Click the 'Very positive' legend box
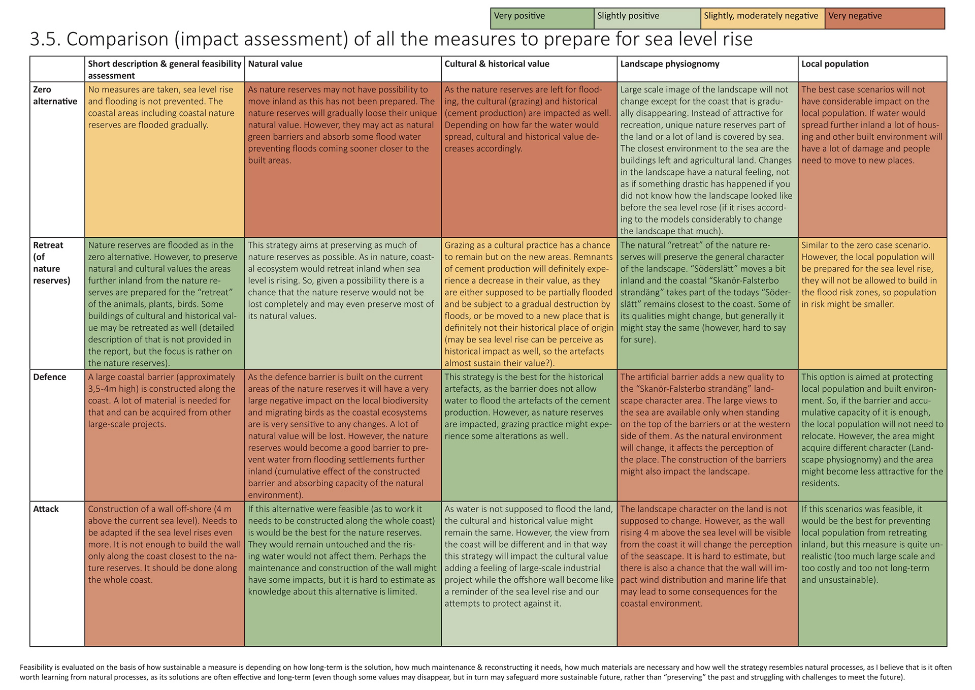pos(542,18)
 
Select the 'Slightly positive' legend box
pos(647,18)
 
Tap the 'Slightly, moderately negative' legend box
pos(762,18)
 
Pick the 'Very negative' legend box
pos(885,18)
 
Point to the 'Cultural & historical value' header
pos(497,64)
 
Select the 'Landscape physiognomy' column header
pos(670,64)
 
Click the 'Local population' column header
pos(835,64)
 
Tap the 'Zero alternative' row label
pos(55,96)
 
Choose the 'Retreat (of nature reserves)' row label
pos(51,263)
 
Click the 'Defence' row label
pos(49,377)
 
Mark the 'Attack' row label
pos(46,509)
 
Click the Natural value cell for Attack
pos(343,574)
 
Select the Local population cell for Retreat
pos(872,303)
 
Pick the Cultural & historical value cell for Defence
pos(529,435)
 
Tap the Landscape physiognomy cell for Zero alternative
pos(707,160)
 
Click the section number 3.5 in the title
pos(45,39)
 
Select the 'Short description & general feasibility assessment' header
pos(165,70)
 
